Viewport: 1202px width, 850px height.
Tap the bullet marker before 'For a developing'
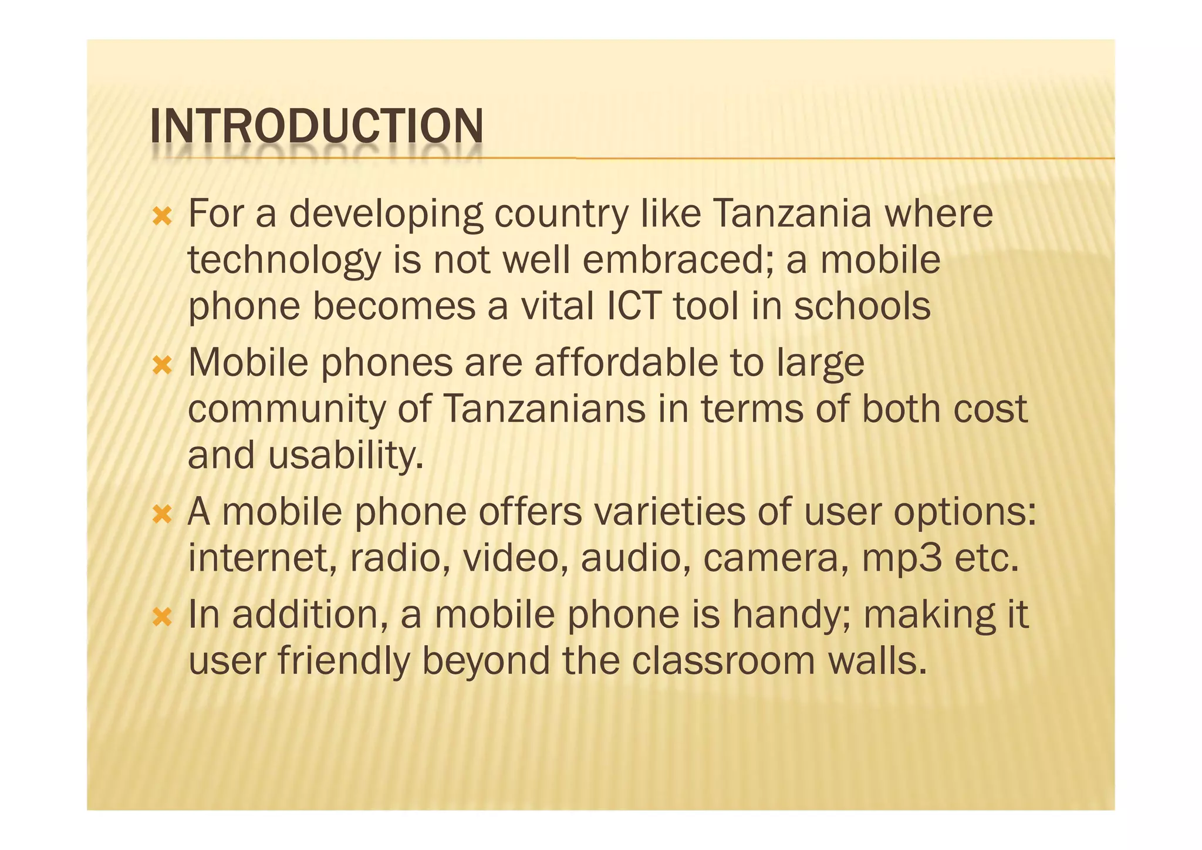[162, 217]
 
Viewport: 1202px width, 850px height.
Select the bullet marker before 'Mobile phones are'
[162, 367]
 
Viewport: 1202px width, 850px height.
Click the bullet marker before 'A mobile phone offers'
[162, 516]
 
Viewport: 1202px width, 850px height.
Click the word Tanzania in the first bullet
[792, 214]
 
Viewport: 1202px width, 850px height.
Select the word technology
[284, 261]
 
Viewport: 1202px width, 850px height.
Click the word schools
[862, 306]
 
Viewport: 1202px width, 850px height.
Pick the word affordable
[626, 363]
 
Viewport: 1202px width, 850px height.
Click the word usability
[346, 456]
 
